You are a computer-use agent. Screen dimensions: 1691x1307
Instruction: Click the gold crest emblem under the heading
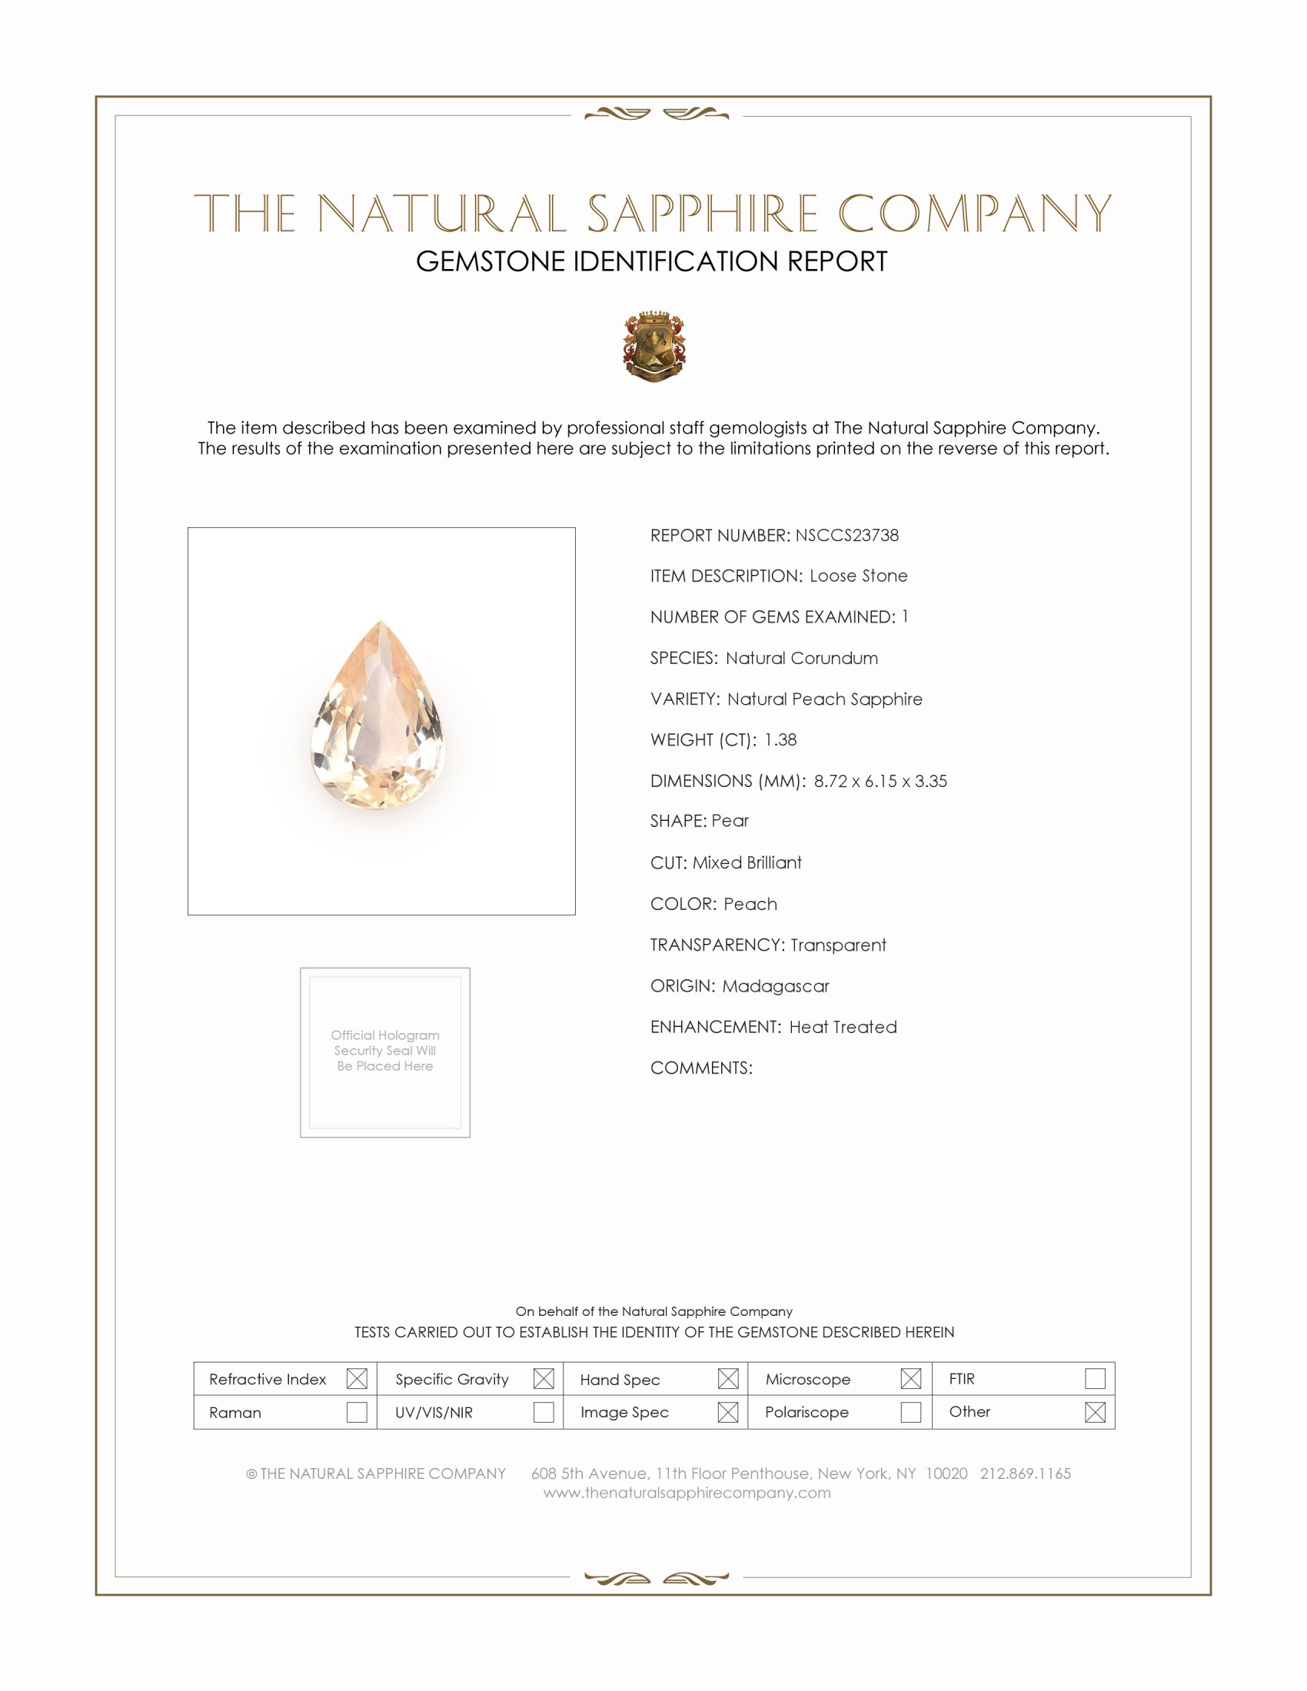654,346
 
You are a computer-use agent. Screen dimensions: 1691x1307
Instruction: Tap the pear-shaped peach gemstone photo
378,716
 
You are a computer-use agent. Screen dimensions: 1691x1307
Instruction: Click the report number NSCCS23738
846,535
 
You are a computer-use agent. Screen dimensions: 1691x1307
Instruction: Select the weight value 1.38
780,739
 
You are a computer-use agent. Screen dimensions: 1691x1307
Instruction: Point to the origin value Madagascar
775,985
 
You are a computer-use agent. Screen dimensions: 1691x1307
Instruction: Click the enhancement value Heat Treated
843,1027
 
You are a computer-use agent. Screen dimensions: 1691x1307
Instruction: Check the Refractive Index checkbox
357,1378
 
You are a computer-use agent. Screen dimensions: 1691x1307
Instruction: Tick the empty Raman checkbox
357,1412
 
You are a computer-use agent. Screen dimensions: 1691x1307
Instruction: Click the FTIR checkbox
1095,1378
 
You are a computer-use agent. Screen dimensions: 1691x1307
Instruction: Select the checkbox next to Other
1095,1412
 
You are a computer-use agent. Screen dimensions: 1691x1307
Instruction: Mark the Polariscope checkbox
910,1412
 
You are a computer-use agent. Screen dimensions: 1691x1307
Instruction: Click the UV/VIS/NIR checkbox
544,1412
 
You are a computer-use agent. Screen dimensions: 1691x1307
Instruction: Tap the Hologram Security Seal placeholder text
385,1051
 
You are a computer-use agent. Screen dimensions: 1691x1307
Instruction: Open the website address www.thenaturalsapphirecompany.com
687,1493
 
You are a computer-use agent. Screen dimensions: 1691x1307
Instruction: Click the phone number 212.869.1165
1025,1473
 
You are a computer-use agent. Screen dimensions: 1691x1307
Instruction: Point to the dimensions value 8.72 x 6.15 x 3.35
880,780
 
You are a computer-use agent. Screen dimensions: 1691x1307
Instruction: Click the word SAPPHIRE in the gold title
702,214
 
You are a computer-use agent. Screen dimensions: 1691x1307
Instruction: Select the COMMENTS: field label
700,1068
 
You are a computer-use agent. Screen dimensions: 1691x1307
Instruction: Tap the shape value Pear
730,821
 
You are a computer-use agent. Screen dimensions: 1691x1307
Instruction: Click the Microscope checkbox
910,1378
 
